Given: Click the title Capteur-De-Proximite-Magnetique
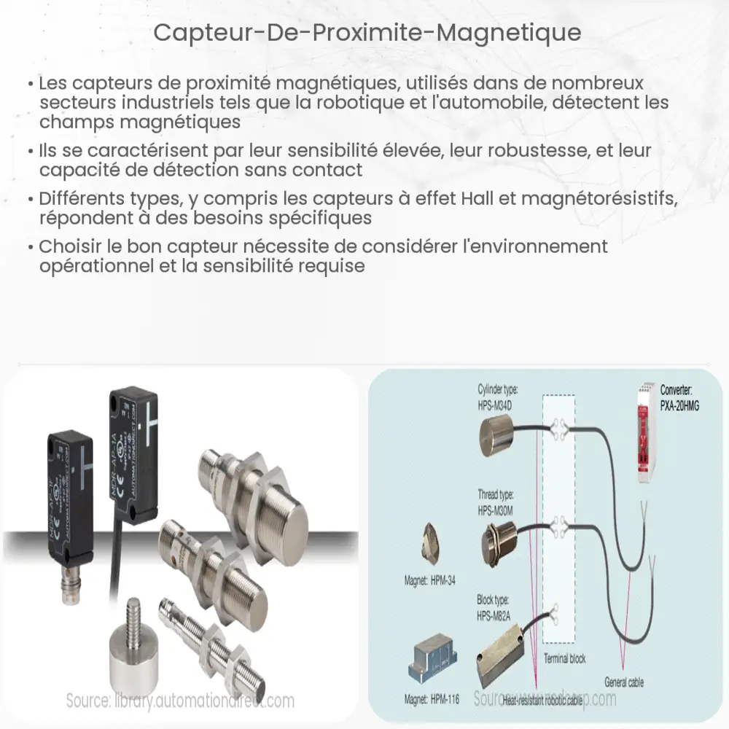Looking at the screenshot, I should (x=364, y=34).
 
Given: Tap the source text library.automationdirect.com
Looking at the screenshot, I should (x=180, y=701).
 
